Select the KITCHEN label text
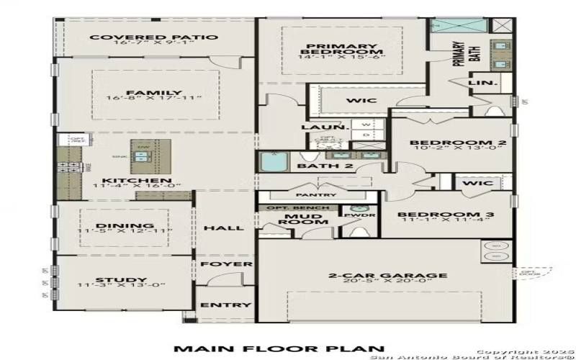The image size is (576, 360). tap(127, 181)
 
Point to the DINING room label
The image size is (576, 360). tap(124, 225)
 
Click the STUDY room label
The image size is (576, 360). tap(122, 280)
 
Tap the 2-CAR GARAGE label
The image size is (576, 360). tap(387, 275)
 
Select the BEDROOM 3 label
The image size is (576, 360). tap(446, 215)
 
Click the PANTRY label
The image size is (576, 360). tap(316, 194)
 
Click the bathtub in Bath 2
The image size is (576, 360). tap(274, 162)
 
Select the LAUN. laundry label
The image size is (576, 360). tap(315, 127)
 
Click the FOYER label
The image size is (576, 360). tap(226, 264)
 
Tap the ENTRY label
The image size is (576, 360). tap(226, 305)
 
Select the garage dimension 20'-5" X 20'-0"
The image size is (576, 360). tap(387, 283)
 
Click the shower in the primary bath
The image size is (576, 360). tap(459, 25)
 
